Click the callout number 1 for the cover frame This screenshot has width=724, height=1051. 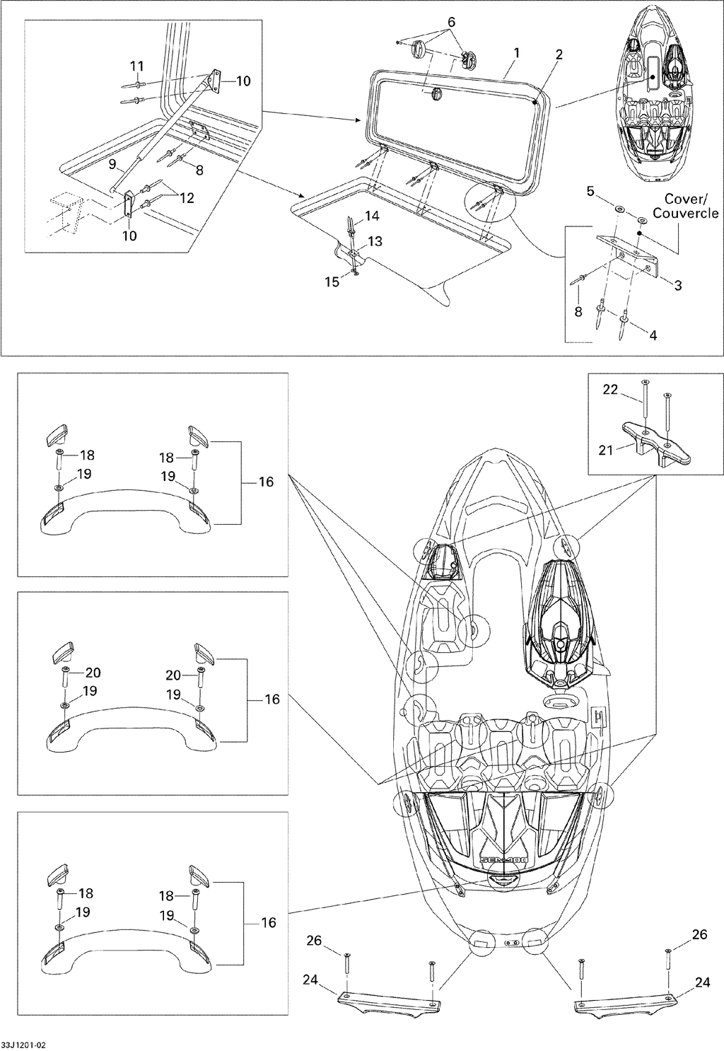pos(516,54)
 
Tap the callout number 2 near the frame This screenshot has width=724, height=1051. pos(559,55)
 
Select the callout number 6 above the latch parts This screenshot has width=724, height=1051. pos(451,22)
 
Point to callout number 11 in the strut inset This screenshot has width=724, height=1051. pos(136,66)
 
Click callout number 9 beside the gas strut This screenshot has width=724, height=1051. pos(112,165)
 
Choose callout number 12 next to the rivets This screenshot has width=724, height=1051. pos(187,198)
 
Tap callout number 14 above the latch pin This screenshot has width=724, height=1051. pos(372,216)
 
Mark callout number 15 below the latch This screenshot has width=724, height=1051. pos(332,282)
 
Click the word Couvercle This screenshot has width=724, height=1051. pos(686,213)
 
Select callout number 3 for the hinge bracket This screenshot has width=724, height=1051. pos(677,285)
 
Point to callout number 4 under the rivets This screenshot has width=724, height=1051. pos(653,335)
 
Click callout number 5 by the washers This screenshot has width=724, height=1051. pos(590,192)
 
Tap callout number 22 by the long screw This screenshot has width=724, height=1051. pos(611,390)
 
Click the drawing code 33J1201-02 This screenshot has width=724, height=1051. pos(23,1045)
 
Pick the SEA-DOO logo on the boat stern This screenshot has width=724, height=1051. pos(503,859)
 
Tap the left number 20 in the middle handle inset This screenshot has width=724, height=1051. pos(93,673)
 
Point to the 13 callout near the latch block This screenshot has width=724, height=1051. pos(375,242)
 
